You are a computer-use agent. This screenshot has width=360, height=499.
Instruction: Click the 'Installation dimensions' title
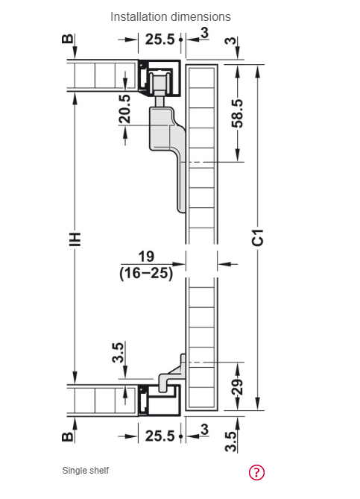coord(171,16)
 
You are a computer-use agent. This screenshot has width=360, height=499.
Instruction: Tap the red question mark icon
coord(256,472)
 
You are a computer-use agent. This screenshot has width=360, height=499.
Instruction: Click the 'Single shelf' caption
coord(86,471)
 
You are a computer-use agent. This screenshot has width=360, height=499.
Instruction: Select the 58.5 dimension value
coord(238,113)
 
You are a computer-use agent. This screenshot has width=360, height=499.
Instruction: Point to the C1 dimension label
coord(258,237)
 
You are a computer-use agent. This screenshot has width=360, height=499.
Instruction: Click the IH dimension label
coord(75,239)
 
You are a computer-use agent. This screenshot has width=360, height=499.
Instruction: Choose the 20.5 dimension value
coord(124,109)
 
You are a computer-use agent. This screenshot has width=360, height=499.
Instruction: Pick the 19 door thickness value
coord(146,257)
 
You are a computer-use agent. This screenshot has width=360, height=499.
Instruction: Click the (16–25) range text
coord(146,273)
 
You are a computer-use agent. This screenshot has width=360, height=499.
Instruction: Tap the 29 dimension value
coord(238,387)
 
